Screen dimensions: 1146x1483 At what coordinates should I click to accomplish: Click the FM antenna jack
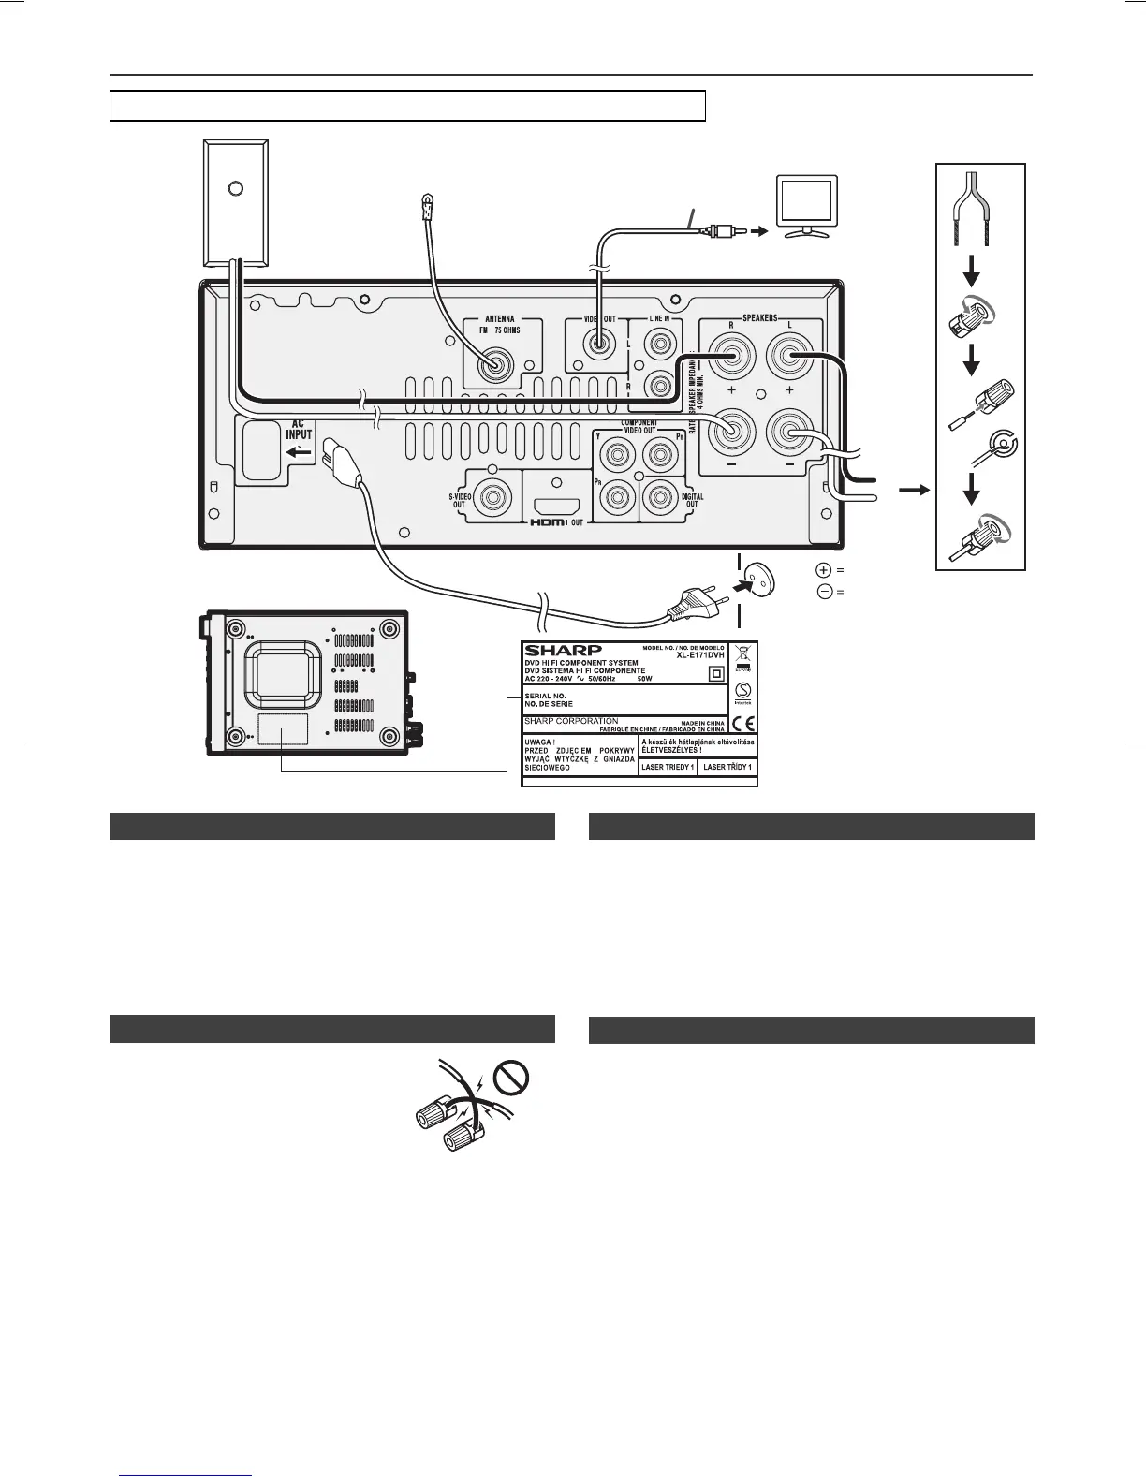click(x=493, y=363)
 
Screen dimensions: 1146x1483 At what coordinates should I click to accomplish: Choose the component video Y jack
click(x=617, y=456)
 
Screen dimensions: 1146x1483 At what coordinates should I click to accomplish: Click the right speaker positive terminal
click(x=726, y=357)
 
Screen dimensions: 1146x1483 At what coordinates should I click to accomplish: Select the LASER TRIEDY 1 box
click(x=667, y=767)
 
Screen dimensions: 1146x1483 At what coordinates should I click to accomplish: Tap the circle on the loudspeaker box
click(x=236, y=188)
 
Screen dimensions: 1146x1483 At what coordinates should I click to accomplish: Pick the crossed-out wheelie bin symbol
click(x=742, y=653)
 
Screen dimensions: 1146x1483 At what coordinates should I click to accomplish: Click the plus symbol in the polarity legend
click(x=824, y=569)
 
